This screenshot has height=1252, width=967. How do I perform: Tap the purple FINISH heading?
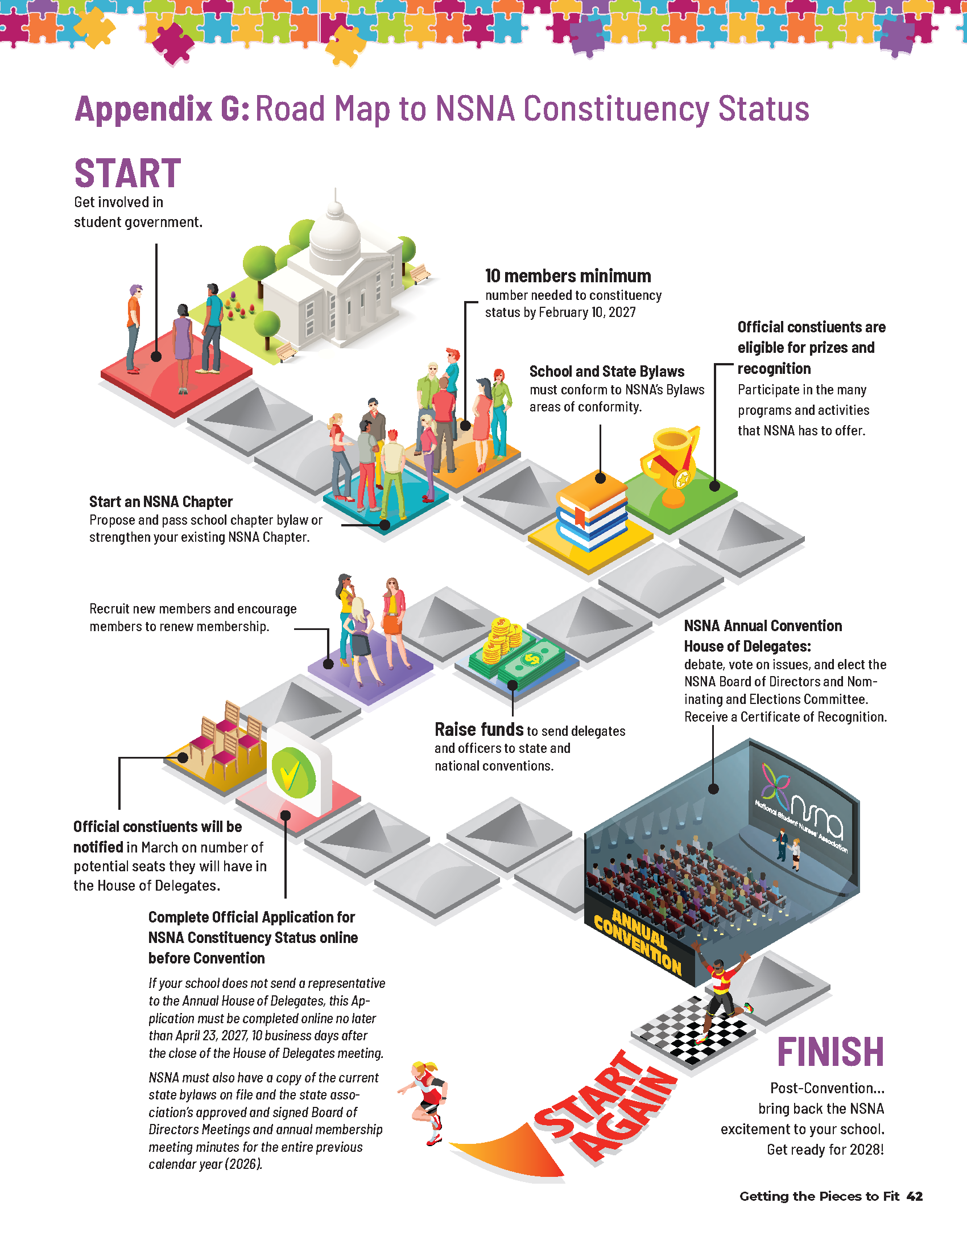pyautogui.click(x=830, y=1052)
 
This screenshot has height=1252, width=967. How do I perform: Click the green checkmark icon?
pyautogui.click(x=294, y=772)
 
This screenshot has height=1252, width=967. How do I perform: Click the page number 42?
pyautogui.click(x=915, y=1196)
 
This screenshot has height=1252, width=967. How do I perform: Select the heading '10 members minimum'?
pyautogui.click(x=568, y=277)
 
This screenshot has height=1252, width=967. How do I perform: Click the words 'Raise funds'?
pyautogui.click(x=479, y=729)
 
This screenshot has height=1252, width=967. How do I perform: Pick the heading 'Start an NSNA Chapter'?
pyautogui.click(x=161, y=501)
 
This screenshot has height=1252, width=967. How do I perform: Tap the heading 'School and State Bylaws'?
pyautogui.click(x=607, y=372)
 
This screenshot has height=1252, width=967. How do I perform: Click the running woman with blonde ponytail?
pyautogui.click(x=424, y=1103)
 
